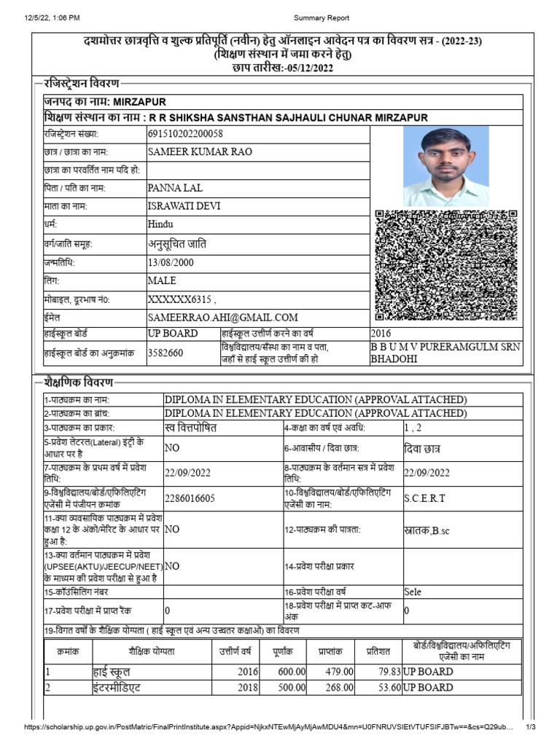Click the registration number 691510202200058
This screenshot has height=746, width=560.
185,134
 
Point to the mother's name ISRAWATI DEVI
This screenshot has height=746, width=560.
184,206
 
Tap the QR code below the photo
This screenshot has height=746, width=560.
446,265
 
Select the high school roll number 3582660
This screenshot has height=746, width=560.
166,353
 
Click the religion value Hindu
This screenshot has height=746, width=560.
160,225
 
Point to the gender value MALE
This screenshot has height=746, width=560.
162,280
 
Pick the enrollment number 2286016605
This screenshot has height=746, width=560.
190,498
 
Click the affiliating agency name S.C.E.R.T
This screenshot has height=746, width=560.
424,498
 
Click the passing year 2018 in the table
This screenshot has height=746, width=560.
248,688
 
